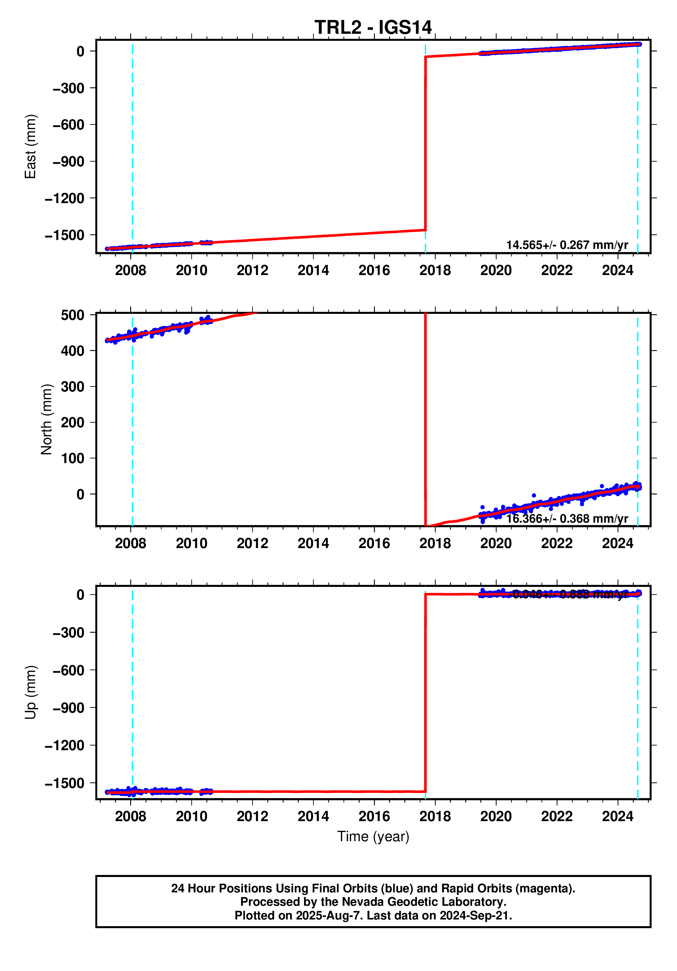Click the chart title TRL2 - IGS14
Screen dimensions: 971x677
tap(373, 28)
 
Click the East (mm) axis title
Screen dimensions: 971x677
tap(30, 146)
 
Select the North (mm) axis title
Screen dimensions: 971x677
tap(46, 419)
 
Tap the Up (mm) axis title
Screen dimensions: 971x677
tap(30, 692)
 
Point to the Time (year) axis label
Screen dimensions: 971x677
tap(373, 836)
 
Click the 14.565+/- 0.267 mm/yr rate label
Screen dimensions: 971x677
tap(567, 245)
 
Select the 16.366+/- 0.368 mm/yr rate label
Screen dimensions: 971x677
tap(567, 519)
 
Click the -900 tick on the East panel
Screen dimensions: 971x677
tap(68, 162)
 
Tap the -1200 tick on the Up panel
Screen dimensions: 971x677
tap(64, 745)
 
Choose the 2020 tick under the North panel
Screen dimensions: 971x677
tap(496, 543)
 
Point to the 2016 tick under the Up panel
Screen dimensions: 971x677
tap(374, 816)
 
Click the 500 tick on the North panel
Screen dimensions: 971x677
tap(72, 315)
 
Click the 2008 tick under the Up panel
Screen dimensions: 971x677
tap(130, 816)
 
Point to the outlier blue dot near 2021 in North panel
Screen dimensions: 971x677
tap(534, 495)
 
